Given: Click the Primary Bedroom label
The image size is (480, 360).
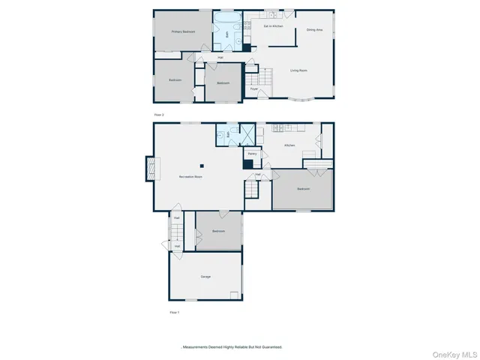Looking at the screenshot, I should [183, 31].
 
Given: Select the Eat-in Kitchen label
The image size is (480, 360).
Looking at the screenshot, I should [273, 26].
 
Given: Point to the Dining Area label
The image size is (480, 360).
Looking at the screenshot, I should [315, 30].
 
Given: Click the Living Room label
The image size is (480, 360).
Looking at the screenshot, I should [299, 70].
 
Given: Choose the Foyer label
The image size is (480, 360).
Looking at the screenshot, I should [254, 88].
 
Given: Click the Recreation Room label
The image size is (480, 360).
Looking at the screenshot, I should [191, 177].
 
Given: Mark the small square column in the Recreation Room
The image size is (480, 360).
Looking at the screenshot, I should [202, 166].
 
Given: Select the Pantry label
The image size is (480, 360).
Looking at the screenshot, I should [253, 154].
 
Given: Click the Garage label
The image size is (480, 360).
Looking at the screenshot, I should [205, 277].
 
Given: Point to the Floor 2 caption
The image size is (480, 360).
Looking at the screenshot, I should [159, 115].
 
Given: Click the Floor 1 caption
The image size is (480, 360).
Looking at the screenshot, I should [175, 312].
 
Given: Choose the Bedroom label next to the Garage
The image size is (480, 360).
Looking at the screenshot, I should [218, 231].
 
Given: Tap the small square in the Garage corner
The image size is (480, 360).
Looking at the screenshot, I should [236, 294].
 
